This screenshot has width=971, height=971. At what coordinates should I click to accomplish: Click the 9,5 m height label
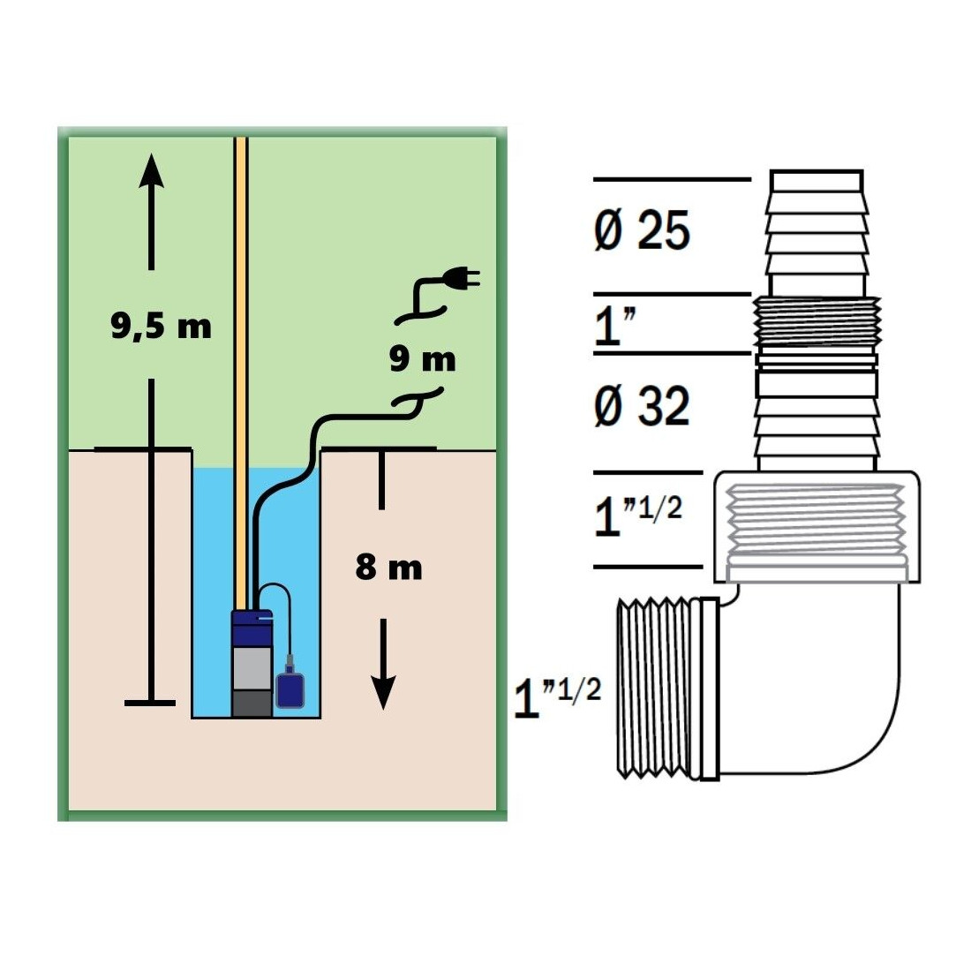[161, 326]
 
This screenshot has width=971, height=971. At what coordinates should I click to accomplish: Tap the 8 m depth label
[389, 567]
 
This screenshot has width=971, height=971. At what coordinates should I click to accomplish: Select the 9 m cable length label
[422, 358]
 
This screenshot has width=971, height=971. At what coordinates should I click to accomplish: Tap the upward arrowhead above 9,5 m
[151, 171]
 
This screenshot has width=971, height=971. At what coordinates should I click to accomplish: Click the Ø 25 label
[642, 230]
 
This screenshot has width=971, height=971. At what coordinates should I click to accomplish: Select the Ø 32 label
[642, 406]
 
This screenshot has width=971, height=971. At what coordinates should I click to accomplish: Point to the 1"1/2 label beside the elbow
[557, 697]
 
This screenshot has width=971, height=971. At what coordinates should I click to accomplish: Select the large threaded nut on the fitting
[817, 527]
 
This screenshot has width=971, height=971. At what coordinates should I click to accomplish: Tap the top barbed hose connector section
[817, 233]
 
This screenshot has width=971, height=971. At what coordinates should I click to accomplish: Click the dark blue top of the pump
[252, 627]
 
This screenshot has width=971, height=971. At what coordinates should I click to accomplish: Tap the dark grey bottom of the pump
[252, 704]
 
